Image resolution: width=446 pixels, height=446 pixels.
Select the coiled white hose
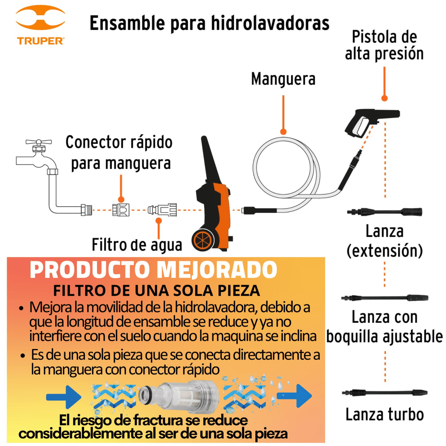(x=286, y=167)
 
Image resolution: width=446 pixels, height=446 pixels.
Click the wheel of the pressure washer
(x=203, y=240)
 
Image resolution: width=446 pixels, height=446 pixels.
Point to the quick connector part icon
(x=121, y=210)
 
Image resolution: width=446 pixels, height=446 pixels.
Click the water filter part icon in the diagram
(x=162, y=210)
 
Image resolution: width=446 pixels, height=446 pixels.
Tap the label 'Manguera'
(x=283, y=79)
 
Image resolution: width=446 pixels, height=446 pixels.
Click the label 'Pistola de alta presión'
(x=384, y=45)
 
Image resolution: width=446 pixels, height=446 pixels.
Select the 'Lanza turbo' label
(x=384, y=414)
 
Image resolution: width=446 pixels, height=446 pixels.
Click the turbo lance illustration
(x=384, y=393)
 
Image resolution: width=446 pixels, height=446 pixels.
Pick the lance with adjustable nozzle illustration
(x=384, y=298)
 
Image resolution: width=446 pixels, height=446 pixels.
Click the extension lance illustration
(x=384, y=212)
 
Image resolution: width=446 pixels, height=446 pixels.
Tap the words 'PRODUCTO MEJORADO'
(x=153, y=270)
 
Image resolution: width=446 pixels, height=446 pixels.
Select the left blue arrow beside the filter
(x=64, y=397)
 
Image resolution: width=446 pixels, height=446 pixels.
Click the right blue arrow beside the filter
(x=299, y=396)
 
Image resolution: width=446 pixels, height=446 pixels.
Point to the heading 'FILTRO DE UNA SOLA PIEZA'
(x=156, y=291)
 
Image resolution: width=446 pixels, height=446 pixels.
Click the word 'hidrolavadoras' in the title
(x=270, y=23)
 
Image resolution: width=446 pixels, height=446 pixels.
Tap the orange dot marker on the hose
(x=283, y=132)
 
